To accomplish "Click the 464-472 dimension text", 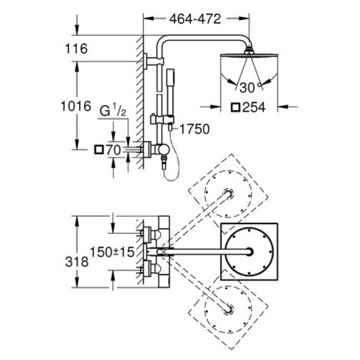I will (195, 19).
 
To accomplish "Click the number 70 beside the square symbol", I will (114, 150).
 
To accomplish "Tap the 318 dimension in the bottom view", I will (78, 261).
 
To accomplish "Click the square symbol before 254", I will (236, 107).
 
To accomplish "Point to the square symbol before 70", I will (99, 150).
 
